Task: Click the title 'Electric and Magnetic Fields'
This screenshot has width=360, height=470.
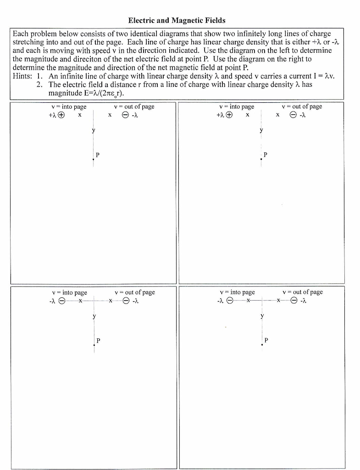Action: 177,21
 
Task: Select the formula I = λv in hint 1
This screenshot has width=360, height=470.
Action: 318,76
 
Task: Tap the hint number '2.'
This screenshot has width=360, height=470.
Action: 40,85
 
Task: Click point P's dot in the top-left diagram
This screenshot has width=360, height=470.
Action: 94,158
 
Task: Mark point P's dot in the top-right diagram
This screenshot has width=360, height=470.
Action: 261,158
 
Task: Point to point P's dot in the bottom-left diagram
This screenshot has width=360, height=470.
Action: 94,344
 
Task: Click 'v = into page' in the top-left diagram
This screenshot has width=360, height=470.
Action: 68,106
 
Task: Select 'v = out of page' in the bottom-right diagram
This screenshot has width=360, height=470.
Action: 303,292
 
